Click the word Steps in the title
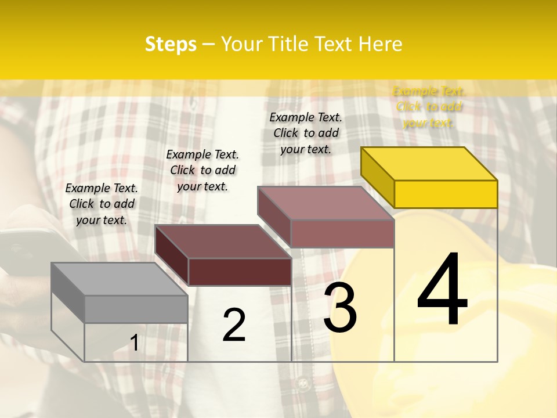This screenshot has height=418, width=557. click(171, 44)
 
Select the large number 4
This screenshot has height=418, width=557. click(443, 290)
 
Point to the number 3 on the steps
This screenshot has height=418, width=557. click(340, 308)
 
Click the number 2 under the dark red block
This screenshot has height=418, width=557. click(234, 325)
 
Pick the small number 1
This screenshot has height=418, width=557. click(135, 343)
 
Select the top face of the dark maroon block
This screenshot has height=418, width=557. click(223, 242)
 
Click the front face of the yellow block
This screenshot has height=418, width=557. click(446, 194)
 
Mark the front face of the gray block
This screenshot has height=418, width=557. click(136, 309)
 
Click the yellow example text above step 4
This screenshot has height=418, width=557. click(429, 107)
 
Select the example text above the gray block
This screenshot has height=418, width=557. click(102, 204)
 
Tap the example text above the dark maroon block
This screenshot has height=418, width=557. click(202, 170)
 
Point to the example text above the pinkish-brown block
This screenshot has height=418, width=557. click(306, 133)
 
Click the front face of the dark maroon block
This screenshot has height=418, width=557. click(240, 272)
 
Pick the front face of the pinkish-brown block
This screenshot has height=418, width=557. click(342, 233)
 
